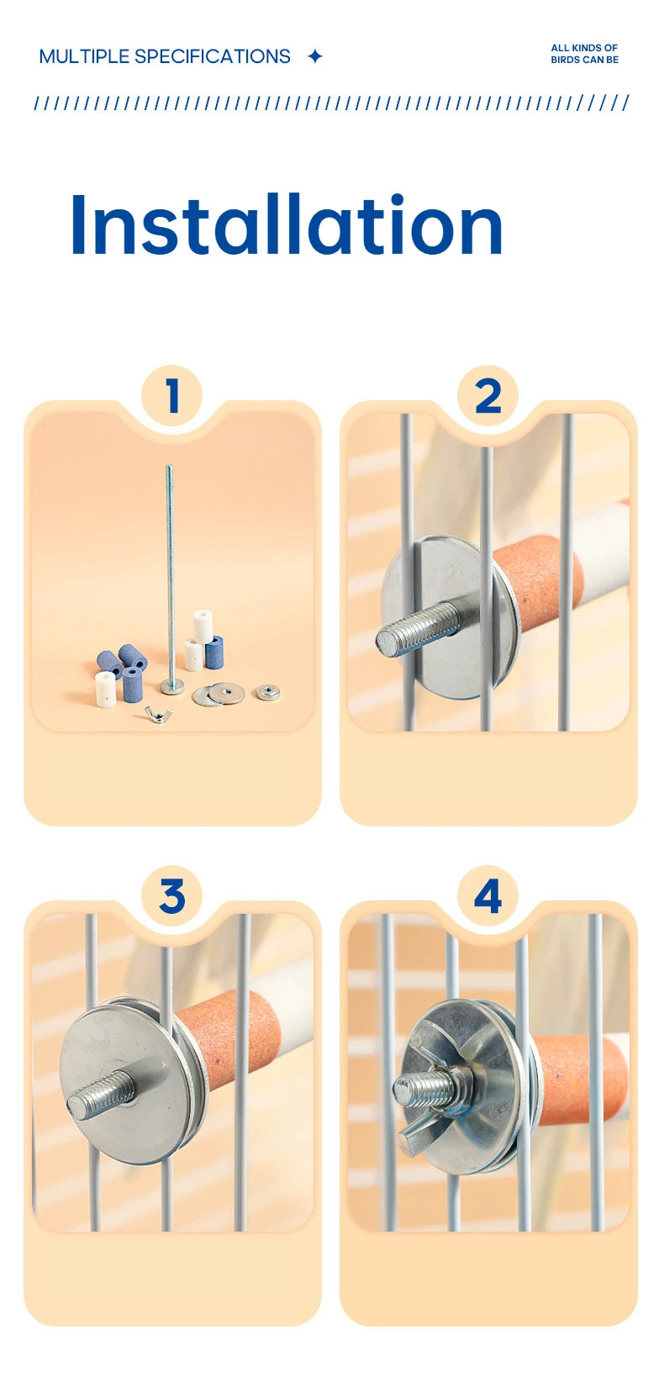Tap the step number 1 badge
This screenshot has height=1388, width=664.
tap(172, 395)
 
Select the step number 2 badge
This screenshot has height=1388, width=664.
tap(487, 395)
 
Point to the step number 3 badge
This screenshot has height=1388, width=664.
tap(172, 896)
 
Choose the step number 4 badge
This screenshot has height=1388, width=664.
tap(487, 896)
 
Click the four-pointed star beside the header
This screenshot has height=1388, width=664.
tap(315, 56)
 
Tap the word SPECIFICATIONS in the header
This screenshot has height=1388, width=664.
tap(213, 56)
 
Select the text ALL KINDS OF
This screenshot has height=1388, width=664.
tap(584, 48)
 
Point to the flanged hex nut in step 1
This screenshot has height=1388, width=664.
tap(267, 692)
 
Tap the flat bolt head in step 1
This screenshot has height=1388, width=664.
tap(171, 686)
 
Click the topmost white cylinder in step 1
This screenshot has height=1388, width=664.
tap(203, 625)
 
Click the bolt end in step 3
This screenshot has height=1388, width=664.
tap(99, 1095)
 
